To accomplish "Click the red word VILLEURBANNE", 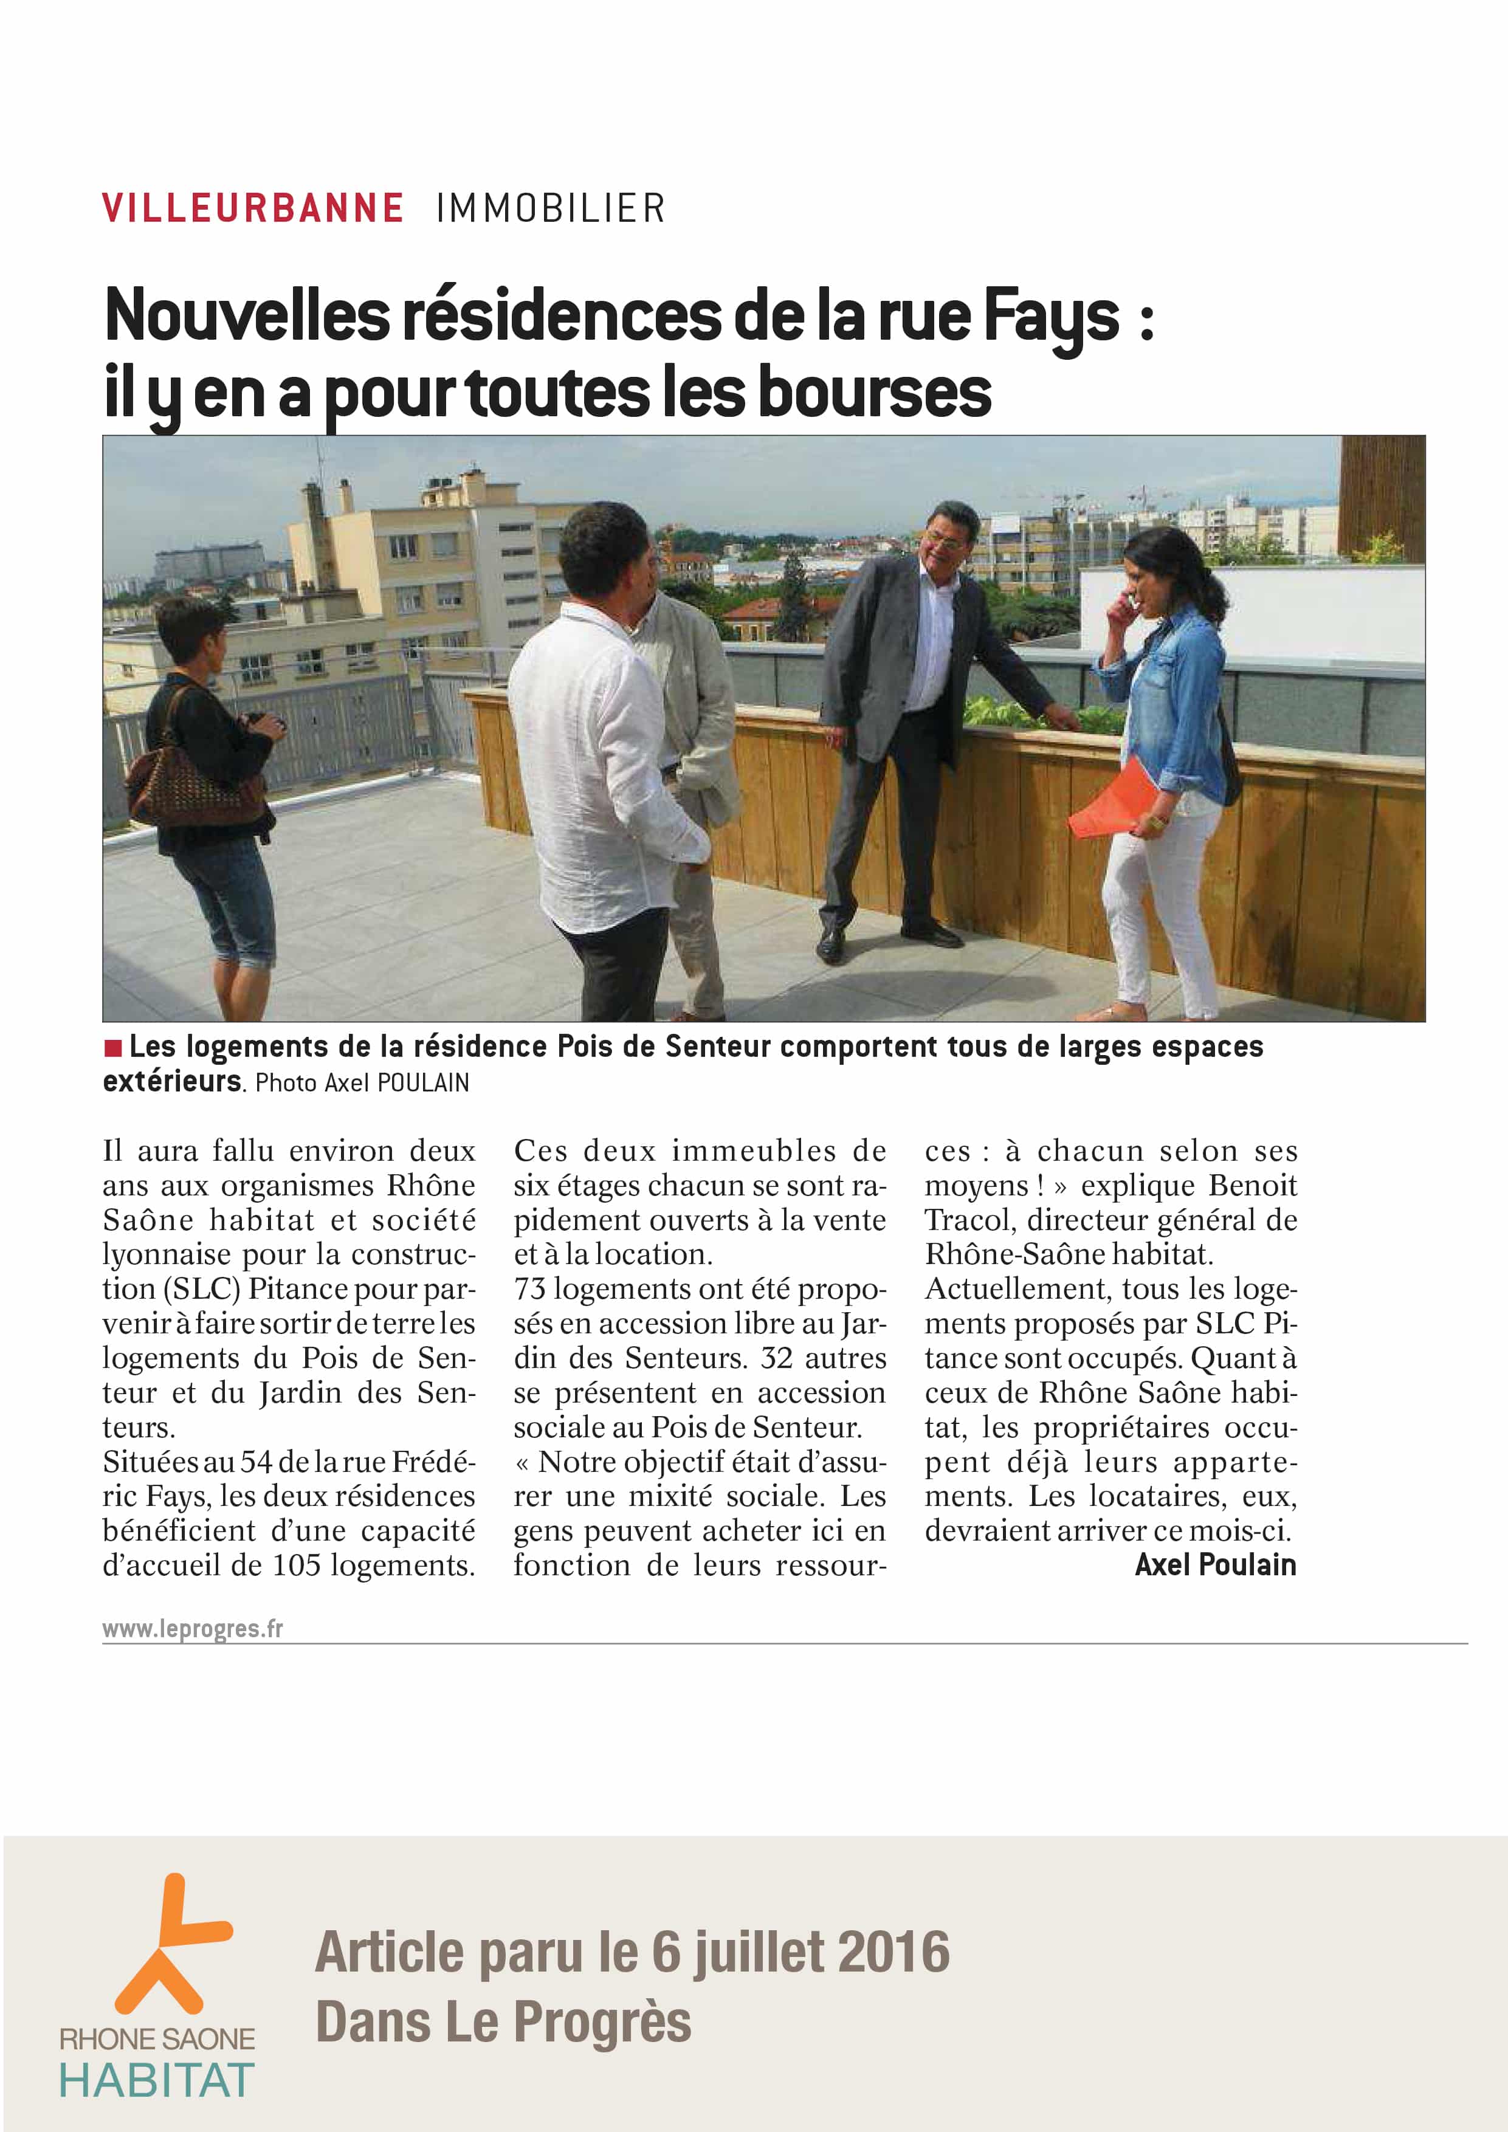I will [x=253, y=208].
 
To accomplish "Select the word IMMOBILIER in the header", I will [x=551, y=208].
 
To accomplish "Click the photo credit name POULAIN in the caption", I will [x=422, y=1083].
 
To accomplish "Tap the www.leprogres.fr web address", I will [x=192, y=1629].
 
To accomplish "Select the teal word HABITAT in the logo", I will [x=157, y=2080].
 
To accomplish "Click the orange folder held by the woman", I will [x=1110, y=800].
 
